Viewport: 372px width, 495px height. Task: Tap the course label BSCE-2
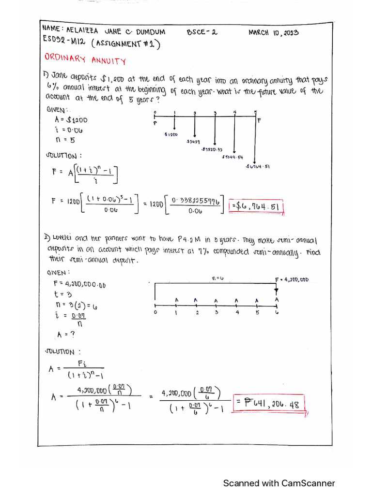[x=202, y=33]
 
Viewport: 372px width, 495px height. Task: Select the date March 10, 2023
[x=274, y=33]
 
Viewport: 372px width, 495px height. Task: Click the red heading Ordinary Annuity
[x=85, y=60]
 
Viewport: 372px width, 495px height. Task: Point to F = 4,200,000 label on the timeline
[x=292, y=280]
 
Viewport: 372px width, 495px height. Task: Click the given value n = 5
[x=65, y=140]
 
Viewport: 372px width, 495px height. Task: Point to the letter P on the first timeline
[x=155, y=123]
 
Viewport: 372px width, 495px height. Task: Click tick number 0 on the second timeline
[x=155, y=312]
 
